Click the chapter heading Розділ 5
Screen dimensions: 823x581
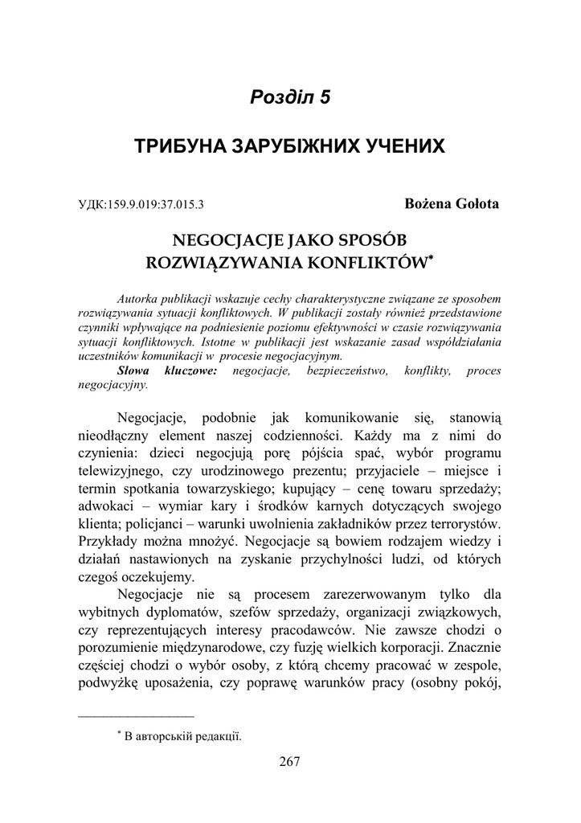click(290, 98)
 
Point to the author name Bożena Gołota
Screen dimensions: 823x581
click(452, 203)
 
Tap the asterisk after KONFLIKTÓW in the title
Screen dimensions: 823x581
click(431, 258)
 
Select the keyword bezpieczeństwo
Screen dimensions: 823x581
click(347, 371)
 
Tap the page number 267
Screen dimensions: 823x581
click(290, 763)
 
